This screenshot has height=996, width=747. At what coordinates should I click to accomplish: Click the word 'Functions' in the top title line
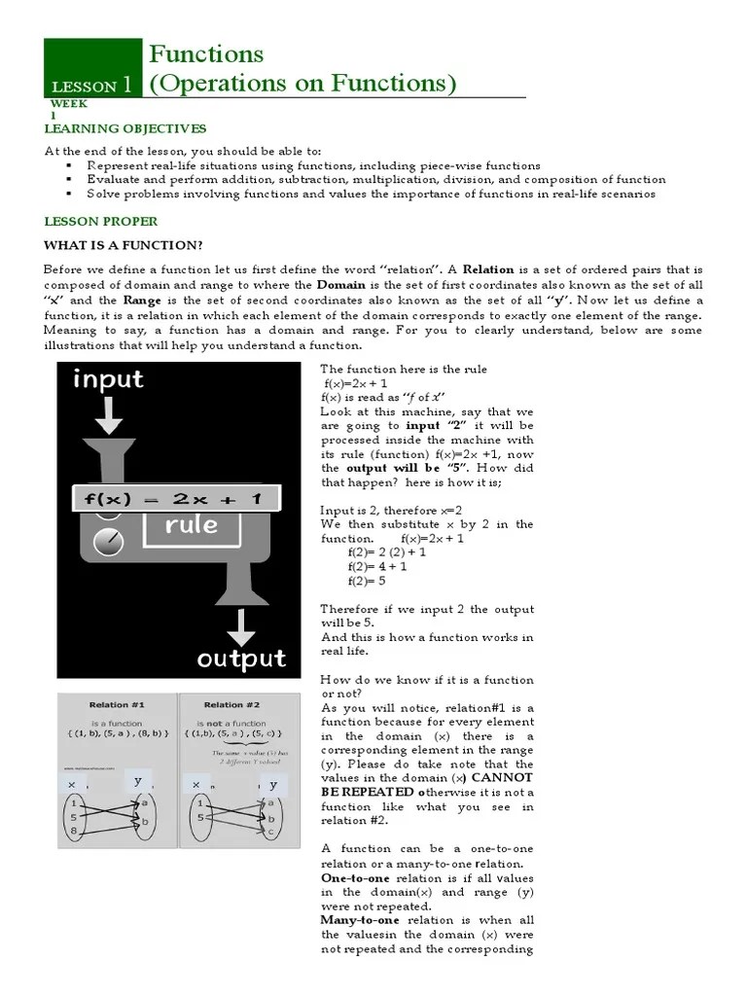(205, 53)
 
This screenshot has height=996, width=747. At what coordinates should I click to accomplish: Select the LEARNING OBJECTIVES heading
(125, 128)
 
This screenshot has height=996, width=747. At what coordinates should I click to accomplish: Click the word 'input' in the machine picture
(107, 379)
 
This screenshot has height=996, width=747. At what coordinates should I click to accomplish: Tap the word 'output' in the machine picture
(241, 659)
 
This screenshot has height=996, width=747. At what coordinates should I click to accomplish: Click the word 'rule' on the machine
(191, 526)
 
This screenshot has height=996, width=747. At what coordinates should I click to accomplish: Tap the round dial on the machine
(111, 539)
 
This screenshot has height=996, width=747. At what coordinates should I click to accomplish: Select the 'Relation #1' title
(117, 704)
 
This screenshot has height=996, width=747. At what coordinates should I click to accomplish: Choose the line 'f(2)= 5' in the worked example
(367, 581)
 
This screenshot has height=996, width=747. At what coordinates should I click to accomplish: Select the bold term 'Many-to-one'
(359, 919)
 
